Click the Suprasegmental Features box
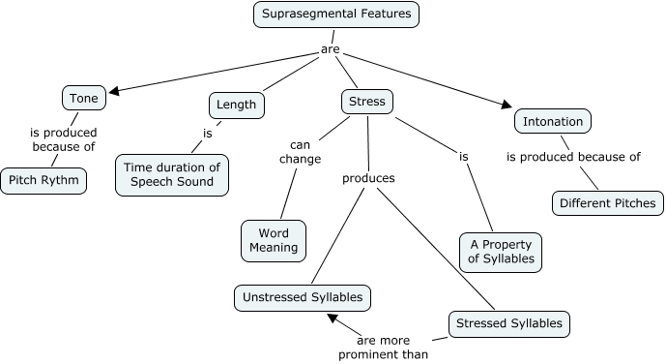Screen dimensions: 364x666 335,15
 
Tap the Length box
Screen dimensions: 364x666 236,105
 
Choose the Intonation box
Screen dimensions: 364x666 552,122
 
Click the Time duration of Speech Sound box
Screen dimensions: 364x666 172,175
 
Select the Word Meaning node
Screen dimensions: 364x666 273,241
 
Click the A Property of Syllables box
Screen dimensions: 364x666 499,253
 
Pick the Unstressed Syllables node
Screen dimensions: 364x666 303,298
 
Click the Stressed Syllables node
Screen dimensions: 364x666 508,323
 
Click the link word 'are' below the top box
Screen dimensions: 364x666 330,49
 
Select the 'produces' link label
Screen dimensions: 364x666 368,178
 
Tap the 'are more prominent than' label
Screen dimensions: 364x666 383,348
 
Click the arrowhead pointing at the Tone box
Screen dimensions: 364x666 113,92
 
